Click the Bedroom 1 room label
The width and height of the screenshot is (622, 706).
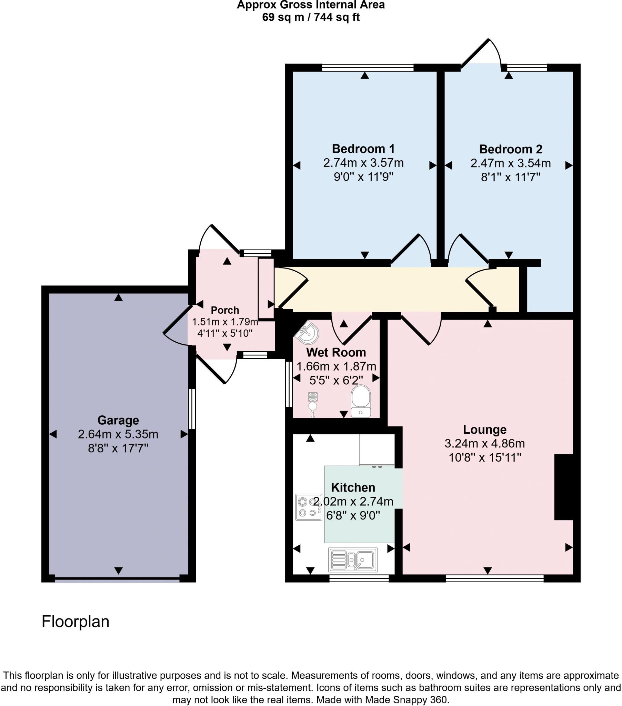(363, 149)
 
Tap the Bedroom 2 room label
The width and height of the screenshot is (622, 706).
(510, 149)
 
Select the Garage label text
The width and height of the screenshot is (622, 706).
(118, 420)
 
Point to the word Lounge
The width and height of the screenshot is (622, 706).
(484, 429)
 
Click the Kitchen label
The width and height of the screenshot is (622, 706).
(353, 487)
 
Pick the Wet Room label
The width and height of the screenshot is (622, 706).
(336, 352)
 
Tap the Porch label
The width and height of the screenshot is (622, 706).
(225, 310)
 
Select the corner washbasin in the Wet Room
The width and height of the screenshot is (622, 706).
(308, 332)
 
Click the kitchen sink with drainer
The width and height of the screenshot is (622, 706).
(353, 559)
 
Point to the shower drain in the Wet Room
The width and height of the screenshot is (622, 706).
(313, 397)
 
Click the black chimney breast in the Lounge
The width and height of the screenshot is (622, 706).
(564, 487)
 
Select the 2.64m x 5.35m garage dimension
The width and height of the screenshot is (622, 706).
(118, 434)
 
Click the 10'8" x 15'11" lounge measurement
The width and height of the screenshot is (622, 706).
(484, 458)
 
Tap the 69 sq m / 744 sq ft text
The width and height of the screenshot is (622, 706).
(311, 17)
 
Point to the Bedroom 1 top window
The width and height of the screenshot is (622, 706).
(368, 68)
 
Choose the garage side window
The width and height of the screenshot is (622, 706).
(192, 409)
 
